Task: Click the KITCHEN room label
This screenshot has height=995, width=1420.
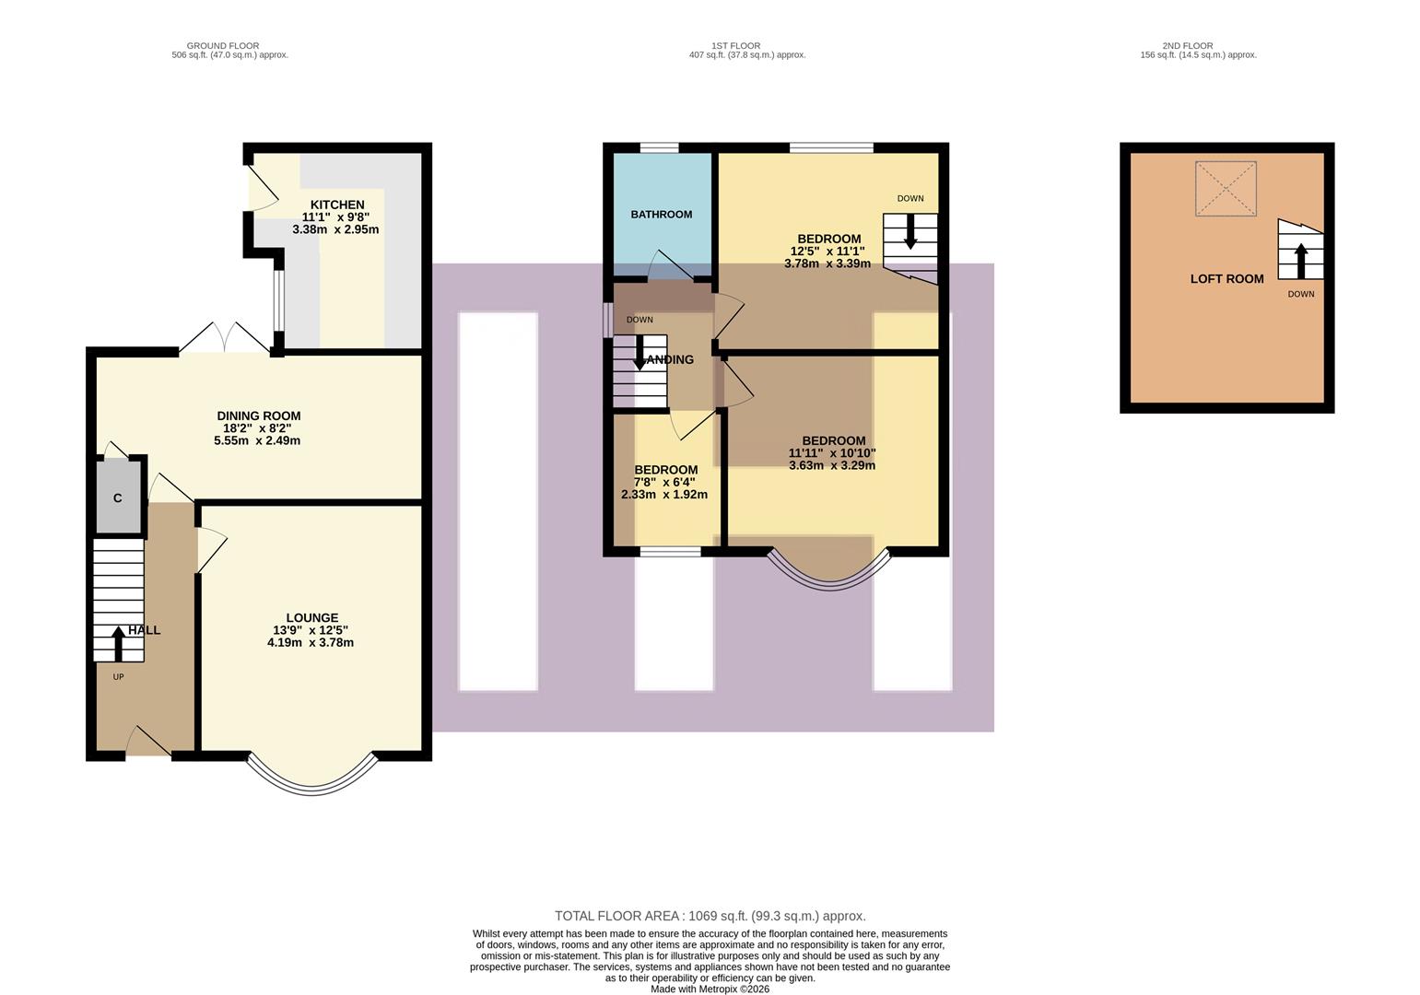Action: (336, 205)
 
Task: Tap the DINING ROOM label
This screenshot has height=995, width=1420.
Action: (258, 416)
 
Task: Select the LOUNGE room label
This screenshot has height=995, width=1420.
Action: (311, 617)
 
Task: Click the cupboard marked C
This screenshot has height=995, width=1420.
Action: (118, 498)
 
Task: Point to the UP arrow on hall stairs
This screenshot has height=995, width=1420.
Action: (118, 643)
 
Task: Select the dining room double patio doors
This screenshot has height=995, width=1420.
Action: (224, 338)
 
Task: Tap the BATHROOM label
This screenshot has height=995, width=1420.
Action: (661, 215)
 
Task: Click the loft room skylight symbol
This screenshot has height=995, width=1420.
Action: (1225, 189)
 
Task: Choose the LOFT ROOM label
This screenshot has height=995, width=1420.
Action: (1226, 278)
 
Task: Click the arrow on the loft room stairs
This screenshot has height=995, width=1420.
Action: (1300, 260)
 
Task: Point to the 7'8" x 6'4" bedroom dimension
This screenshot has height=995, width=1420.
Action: (664, 482)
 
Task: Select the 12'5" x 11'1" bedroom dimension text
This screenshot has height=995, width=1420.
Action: (827, 251)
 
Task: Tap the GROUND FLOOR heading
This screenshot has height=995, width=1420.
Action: (222, 45)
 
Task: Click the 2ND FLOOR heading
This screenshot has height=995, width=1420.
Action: (1187, 45)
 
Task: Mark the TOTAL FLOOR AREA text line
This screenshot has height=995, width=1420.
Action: (710, 916)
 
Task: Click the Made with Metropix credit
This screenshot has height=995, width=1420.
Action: (710, 989)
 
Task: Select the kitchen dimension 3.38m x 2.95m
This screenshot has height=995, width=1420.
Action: (335, 229)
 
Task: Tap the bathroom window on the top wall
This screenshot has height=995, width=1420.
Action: (660, 147)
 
